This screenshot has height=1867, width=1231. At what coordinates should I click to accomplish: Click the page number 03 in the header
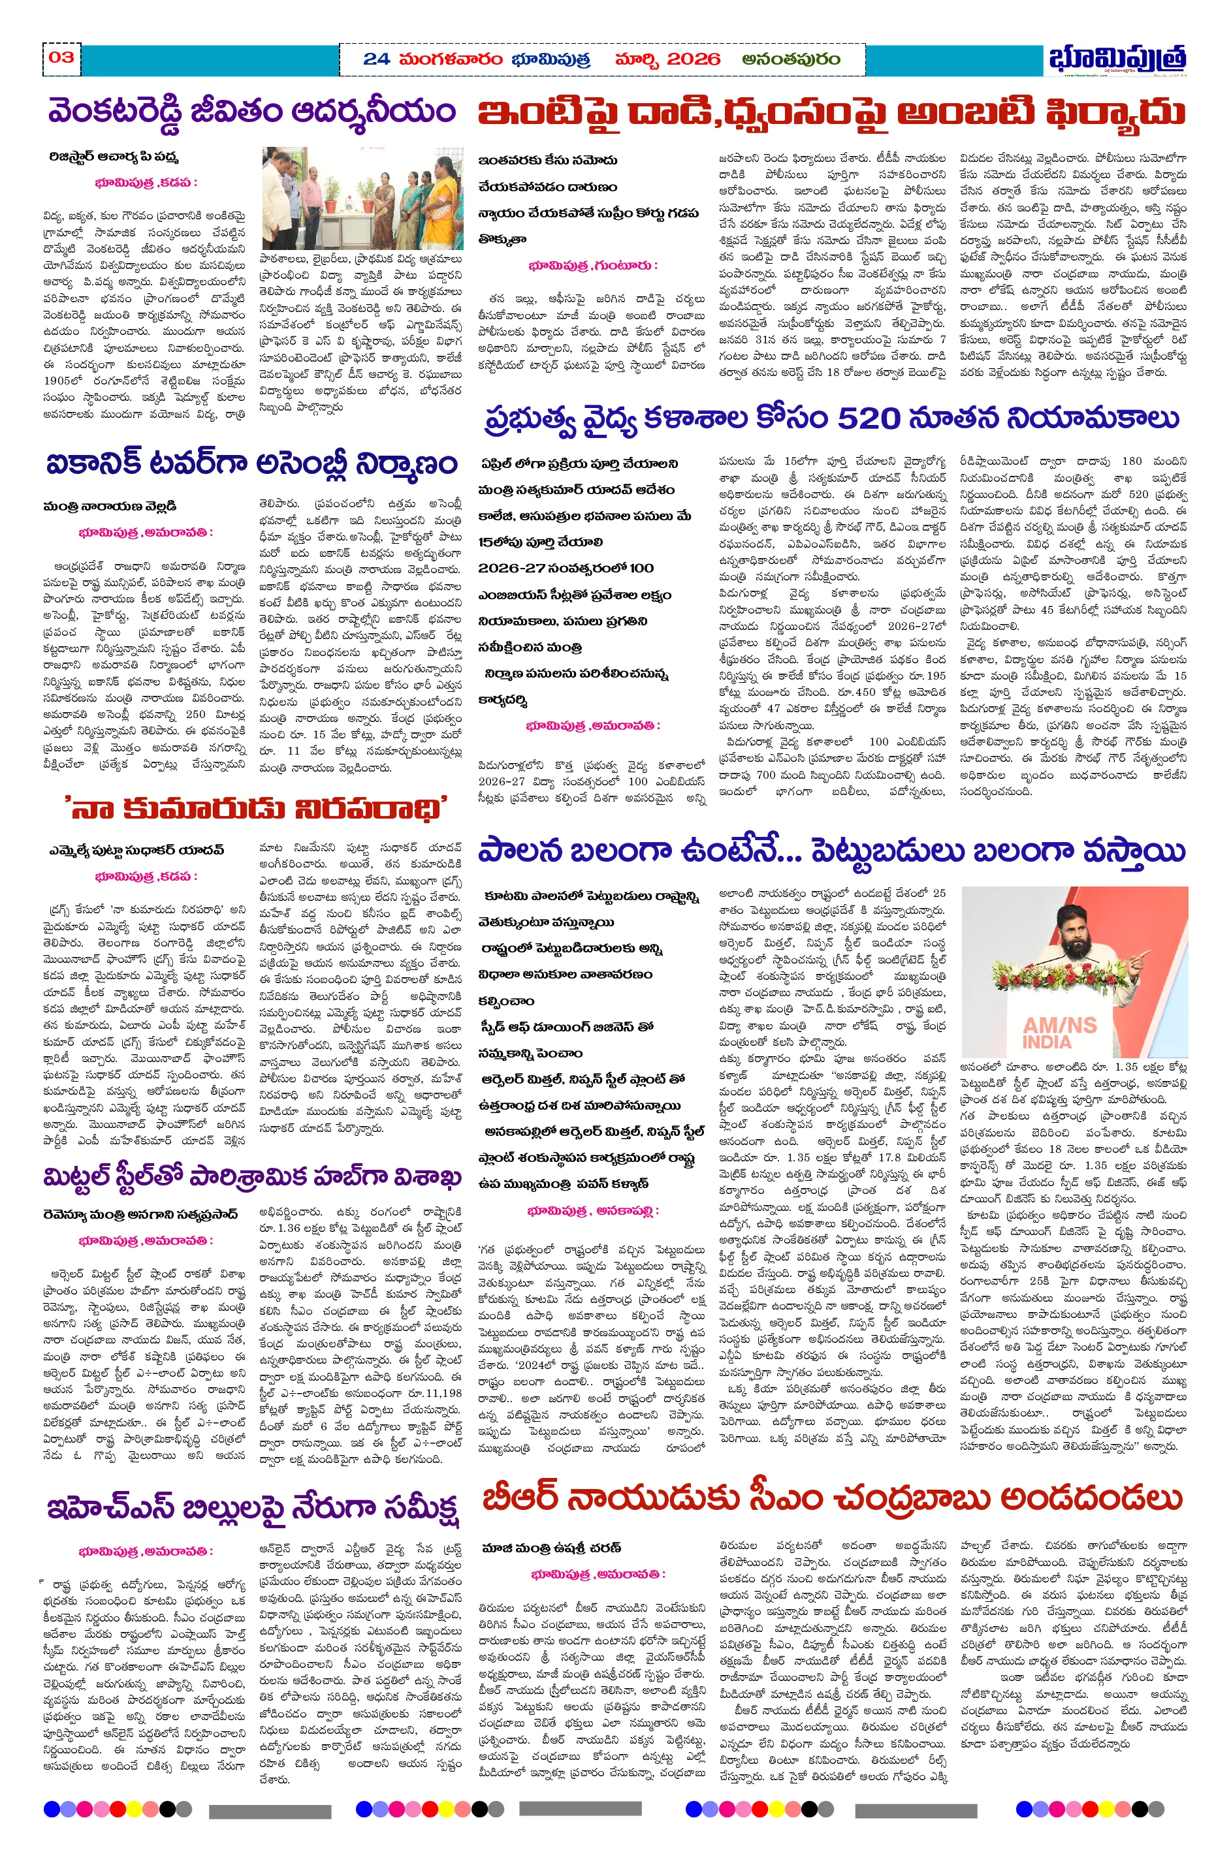(x=61, y=57)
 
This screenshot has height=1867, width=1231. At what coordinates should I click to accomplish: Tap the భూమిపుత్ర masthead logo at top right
(x=1116, y=59)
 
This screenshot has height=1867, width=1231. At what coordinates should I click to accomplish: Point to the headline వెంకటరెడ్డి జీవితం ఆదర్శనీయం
(x=251, y=112)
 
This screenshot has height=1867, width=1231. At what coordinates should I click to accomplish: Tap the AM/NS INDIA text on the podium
(x=1059, y=1031)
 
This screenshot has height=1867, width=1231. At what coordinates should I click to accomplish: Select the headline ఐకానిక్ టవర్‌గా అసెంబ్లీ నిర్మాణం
(x=251, y=463)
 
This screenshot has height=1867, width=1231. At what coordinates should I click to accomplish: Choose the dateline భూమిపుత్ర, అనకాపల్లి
(x=592, y=1210)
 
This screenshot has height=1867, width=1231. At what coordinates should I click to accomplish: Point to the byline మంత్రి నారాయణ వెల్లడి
(x=110, y=506)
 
